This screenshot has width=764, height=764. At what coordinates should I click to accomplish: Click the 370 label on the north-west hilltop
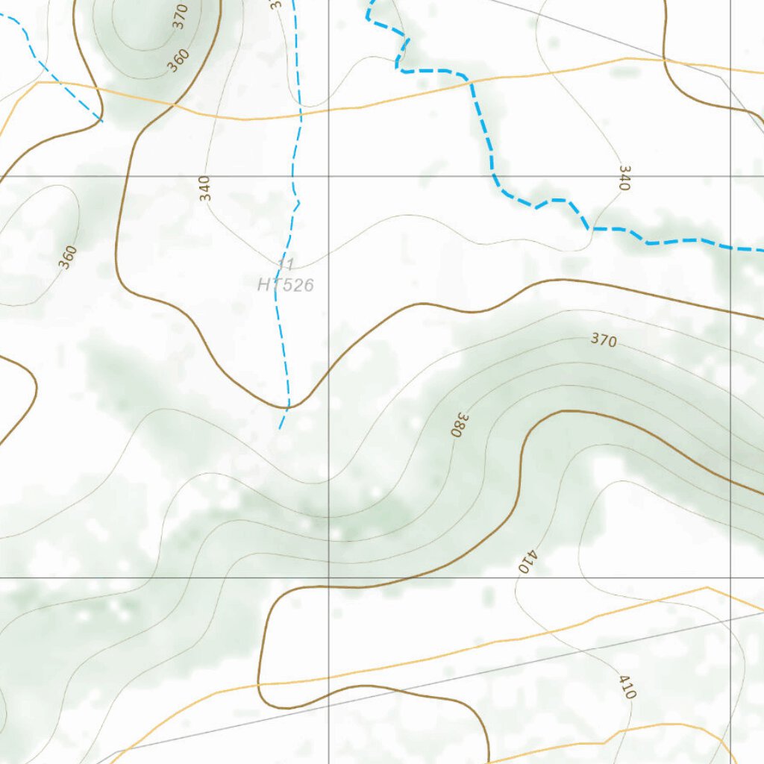pos(180,16)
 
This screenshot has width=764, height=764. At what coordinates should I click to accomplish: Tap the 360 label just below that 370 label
pos(178,60)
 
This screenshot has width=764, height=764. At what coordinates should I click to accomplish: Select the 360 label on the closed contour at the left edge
pos(67,257)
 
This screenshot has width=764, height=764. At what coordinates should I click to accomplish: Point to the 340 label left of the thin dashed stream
pos(205,188)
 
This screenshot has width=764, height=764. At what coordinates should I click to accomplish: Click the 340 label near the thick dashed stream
pos(624,178)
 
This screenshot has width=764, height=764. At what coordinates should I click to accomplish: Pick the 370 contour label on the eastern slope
pos(604,340)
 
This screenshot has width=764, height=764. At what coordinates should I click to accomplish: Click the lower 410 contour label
pos(627,686)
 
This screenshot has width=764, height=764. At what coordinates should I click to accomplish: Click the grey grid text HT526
pos(285,284)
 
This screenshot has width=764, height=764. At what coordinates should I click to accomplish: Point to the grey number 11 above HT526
pos(285,263)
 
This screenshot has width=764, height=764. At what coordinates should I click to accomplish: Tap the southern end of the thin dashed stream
pos(280,428)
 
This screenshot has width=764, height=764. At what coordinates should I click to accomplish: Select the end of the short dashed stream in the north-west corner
pos(102,120)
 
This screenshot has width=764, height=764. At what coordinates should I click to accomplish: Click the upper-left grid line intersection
pos(329,176)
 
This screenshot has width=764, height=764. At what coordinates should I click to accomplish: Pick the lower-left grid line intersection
pos(329,577)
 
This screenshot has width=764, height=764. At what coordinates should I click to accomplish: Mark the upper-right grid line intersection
pos(730,176)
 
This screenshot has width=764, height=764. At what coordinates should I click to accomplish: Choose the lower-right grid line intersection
pos(730,577)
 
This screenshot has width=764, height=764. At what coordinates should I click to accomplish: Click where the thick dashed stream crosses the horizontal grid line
pos(494,176)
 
